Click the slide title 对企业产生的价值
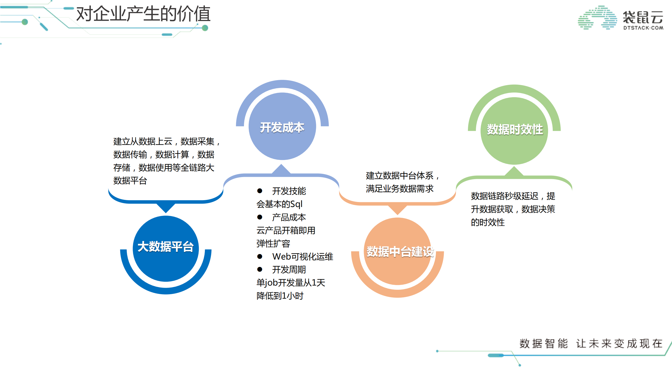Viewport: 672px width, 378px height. click(x=143, y=14)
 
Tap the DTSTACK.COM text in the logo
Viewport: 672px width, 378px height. click(x=643, y=28)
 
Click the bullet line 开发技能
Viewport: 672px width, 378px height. click(x=289, y=191)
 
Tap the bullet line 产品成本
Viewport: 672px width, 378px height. click(x=289, y=217)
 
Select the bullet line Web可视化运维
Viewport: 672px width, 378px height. click(x=302, y=256)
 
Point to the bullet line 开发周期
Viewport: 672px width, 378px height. click(x=289, y=270)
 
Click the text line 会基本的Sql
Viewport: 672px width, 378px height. click(x=279, y=204)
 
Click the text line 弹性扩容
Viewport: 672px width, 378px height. click(x=273, y=244)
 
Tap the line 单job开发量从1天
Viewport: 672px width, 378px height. click(x=291, y=283)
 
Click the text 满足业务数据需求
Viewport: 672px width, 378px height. click(x=399, y=189)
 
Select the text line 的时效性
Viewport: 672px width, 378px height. click(x=487, y=222)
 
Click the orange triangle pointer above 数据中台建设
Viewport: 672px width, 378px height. click(x=397, y=210)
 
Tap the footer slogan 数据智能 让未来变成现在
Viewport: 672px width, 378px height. click(x=591, y=344)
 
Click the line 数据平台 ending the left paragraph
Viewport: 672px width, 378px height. click(x=130, y=181)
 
